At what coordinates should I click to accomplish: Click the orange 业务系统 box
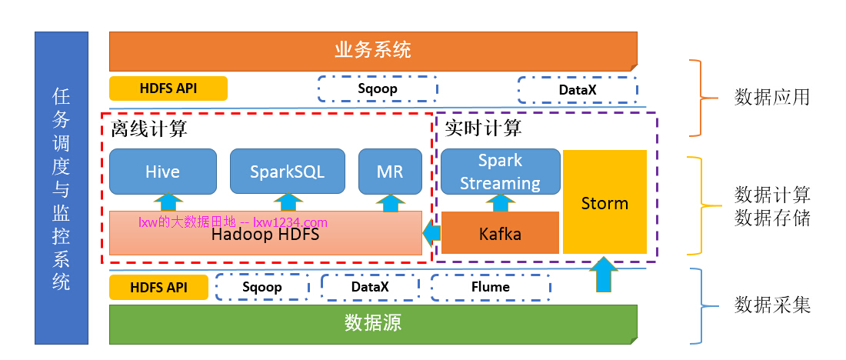point(373,51)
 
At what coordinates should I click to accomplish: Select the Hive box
point(162,172)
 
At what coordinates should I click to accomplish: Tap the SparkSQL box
point(287,172)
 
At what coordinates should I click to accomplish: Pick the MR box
point(390,172)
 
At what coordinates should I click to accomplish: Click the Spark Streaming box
point(499,172)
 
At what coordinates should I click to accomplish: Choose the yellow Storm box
point(605,202)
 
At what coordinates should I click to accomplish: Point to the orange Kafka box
point(500,233)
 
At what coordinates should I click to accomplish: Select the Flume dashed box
point(491,288)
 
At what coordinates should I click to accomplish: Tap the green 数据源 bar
point(373,323)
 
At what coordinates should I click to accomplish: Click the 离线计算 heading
point(148,128)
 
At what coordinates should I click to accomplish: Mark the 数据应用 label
point(771,98)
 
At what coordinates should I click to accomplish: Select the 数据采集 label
point(771,305)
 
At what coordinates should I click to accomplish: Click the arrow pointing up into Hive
point(165,202)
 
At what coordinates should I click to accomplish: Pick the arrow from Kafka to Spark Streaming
point(500,202)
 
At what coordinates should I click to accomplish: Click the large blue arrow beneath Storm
point(604,274)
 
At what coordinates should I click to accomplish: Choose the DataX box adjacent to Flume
point(370,288)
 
